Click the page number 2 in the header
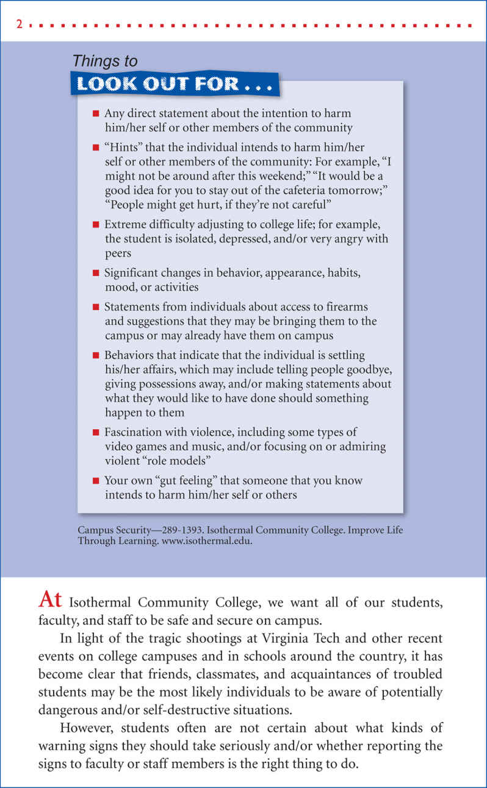[x=20, y=26]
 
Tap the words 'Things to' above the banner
[x=105, y=61]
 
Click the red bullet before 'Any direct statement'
[x=95, y=114]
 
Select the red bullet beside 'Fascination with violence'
[x=95, y=432]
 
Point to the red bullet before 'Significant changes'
[x=95, y=273]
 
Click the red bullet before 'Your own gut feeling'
[x=95, y=481]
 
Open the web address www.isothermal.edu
[x=209, y=541]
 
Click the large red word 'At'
[x=50, y=600]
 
